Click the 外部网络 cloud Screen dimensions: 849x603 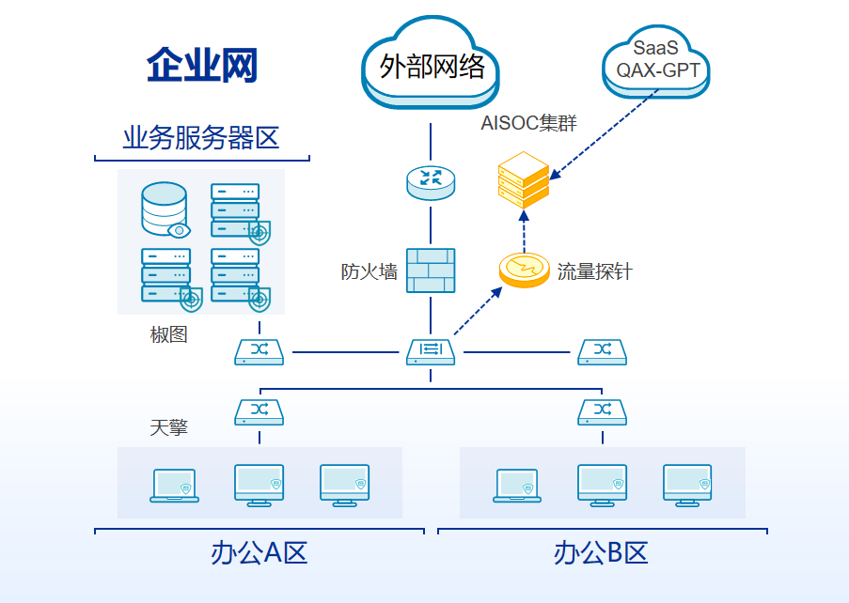coord(431,63)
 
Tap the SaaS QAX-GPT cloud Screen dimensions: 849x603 coord(655,61)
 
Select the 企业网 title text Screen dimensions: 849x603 coord(202,65)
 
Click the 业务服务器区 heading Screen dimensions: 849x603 coord(201,137)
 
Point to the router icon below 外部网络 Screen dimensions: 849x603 coord(431,183)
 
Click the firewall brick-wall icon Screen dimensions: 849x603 coord(431,271)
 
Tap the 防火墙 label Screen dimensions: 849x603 coord(369,271)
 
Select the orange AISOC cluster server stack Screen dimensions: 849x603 coord(524,180)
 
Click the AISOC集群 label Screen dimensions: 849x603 coord(529,123)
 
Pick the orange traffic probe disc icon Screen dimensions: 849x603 coord(524,270)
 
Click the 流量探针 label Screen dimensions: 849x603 coord(594,271)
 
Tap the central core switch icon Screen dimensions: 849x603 coord(431,352)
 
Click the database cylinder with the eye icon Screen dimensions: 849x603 coord(165,209)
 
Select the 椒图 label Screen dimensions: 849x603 coord(169,334)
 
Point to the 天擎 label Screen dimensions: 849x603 coord(169,427)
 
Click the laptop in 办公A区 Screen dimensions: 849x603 coord(174,486)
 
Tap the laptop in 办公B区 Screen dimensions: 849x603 coord(517,486)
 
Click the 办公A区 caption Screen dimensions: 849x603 coord(259,553)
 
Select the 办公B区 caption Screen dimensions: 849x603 coord(601,553)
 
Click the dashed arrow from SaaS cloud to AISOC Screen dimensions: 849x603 coord(605,134)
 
